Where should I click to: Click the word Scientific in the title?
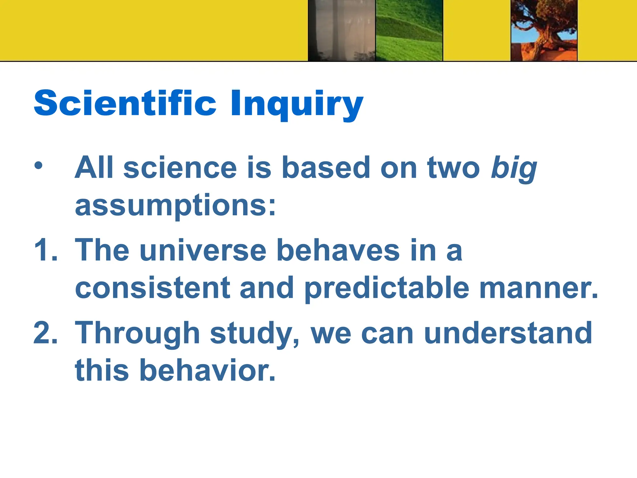pyautogui.click(x=125, y=103)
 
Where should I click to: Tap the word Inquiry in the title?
pyautogui.click(x=297, y=104)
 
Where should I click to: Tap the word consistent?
pyautogui.click(x=153, y=288)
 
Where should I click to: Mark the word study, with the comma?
pyautogui.click(x=255, y=334)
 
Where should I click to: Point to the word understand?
pyautogui.click(x=508, y=333)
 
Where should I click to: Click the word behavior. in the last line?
pyautogui.click(x=207, y=370)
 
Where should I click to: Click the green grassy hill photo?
pyautogui.click(x=409, y=30)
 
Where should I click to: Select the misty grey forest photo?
pyautogui.click(x=342, y=30)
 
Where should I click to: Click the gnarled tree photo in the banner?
pyautogui.click(x=544, y=30)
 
